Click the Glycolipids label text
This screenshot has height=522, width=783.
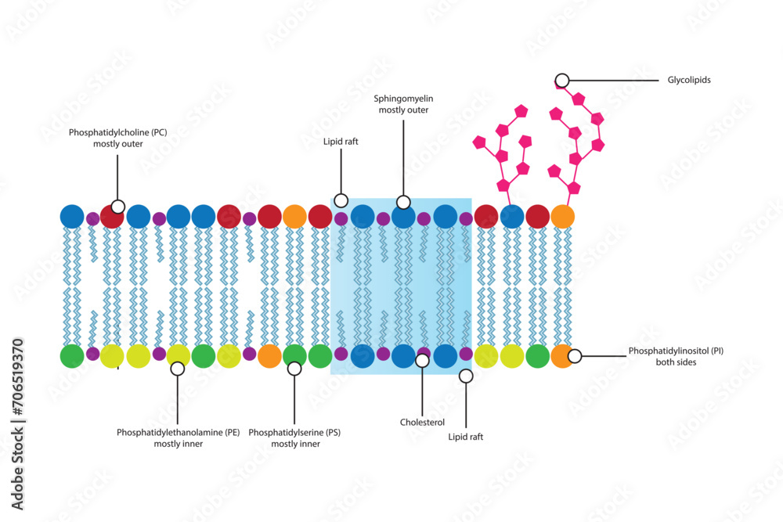tap(689, 80)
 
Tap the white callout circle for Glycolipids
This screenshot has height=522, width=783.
tap(562, 80)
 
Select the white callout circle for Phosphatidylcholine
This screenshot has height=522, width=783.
tap(117, 207)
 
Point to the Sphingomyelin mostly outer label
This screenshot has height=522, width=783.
tap(403, 104)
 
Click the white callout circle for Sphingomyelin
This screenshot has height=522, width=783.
tap(403, 203)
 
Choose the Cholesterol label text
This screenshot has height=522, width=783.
tap(422, 421)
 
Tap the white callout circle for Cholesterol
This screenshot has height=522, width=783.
tap(422, 360)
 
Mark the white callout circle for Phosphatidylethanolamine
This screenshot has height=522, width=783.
tap(178, 368)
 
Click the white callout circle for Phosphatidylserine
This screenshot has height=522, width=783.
tap(294, 368)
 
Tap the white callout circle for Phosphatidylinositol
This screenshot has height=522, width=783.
tap(575, 356)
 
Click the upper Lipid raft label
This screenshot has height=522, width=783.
tap(341, 142)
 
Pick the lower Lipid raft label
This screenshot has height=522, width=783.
tap(466, 437)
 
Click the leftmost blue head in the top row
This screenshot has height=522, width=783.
tap(72, 216)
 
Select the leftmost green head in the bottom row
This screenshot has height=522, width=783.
tap(72, 356)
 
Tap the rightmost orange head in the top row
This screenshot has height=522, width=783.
tap(562, 216)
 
